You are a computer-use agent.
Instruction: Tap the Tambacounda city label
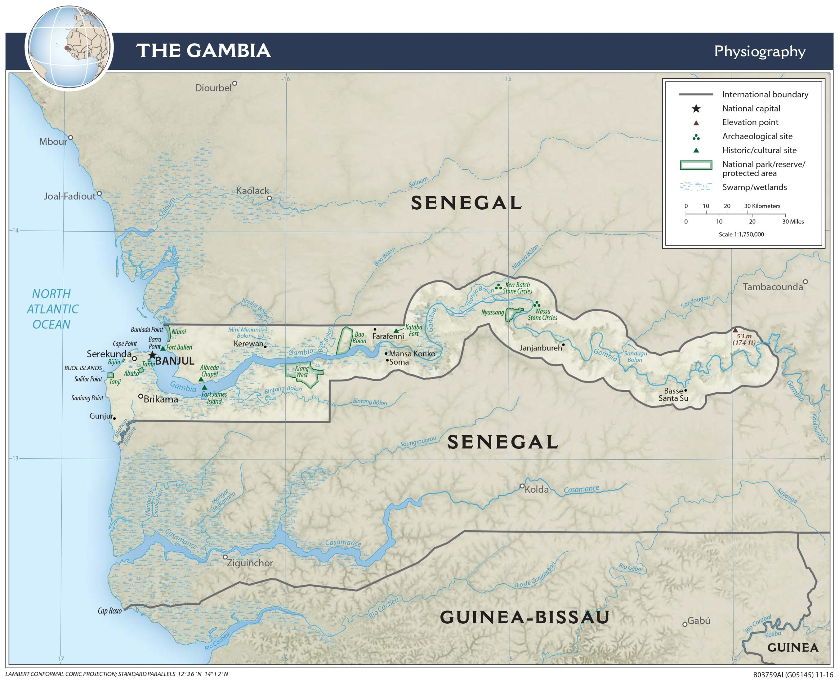point(772,287)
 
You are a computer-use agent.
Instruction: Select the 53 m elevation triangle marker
point(735,330)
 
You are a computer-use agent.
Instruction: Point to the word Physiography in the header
point(759,51)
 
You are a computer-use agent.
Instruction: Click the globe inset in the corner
point(69,47)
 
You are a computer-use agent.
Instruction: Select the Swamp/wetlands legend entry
point(754,187)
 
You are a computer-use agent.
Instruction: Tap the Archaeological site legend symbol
point(696,137)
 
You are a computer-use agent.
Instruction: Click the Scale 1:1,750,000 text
point(741,234)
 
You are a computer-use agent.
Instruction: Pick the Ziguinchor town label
point(250,563)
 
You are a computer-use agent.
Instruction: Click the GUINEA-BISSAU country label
point(524,617)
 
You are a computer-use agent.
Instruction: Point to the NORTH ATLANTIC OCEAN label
point(52,309)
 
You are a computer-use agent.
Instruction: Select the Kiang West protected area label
point(302,371)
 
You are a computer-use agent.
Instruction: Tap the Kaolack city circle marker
point(269,198)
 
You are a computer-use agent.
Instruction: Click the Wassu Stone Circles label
point(542,314)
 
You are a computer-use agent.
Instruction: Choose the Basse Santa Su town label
point(673,395)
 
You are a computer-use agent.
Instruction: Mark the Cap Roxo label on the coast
point(109,611)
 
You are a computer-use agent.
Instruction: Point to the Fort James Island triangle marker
point(205,388)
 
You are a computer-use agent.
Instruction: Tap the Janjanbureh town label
point(540,348)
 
